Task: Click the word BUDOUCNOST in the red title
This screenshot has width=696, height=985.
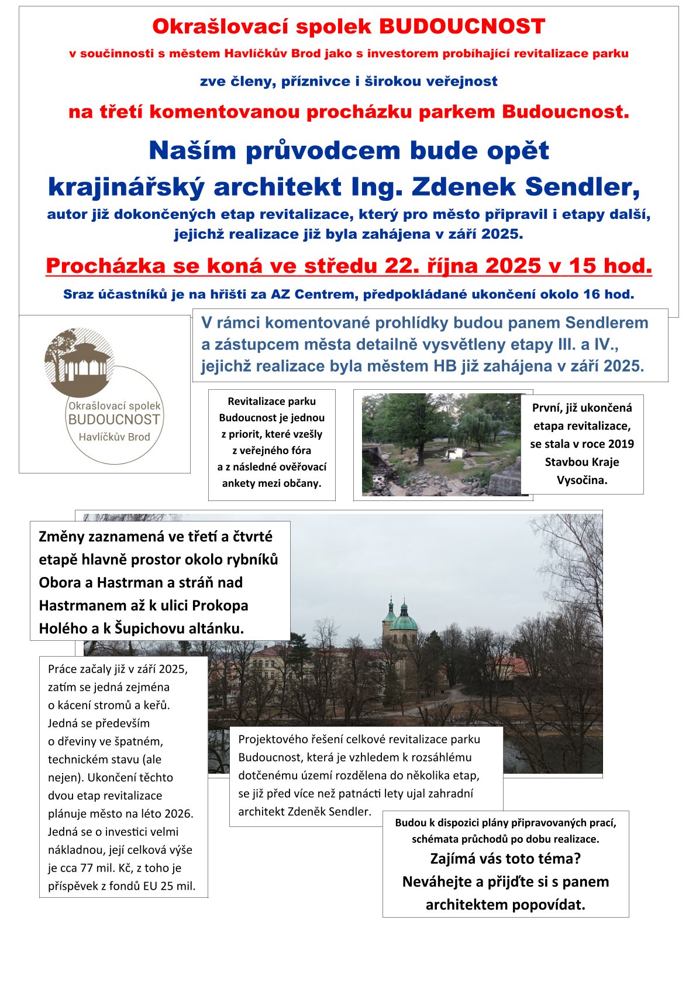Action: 462,26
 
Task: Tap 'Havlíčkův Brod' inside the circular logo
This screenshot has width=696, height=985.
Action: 114,437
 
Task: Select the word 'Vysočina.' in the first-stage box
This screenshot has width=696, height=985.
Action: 582,480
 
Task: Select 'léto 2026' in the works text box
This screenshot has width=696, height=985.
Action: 167,814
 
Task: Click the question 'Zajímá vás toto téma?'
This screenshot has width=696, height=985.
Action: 505,859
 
